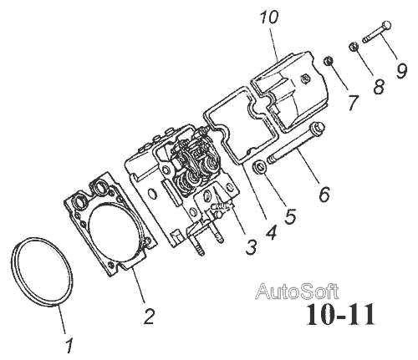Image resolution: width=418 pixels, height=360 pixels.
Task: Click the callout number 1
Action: coord(69,346)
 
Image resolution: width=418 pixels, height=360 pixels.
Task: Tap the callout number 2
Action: coord(149,317)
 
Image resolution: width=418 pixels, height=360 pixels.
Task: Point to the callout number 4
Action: coord(272,231)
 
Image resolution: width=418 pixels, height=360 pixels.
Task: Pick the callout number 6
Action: coord(324,193)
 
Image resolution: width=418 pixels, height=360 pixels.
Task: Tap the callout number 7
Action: coord(353,102)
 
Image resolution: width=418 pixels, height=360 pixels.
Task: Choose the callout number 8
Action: coord(379,86)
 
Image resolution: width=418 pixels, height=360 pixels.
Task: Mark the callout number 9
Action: coord(401,71)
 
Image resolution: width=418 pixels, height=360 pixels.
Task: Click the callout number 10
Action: coord(269,18)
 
